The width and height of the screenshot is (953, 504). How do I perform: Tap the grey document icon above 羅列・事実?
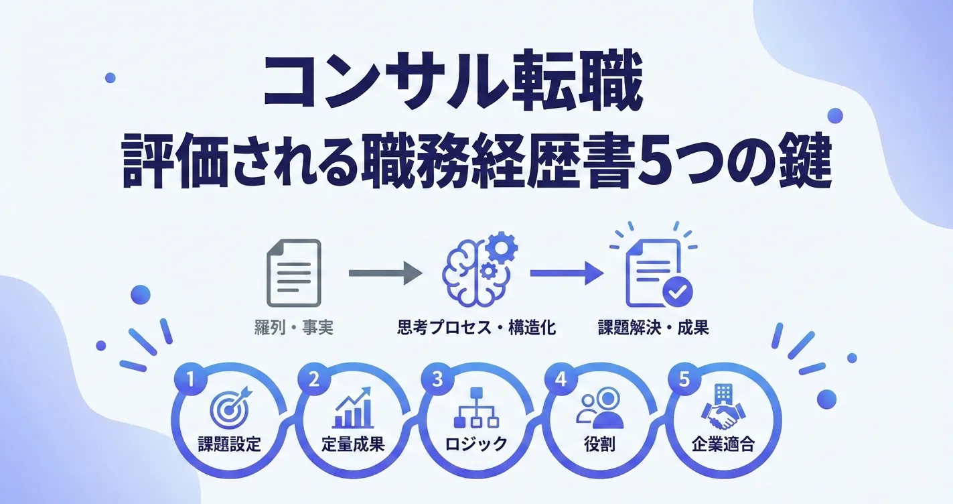[x=293, y=273]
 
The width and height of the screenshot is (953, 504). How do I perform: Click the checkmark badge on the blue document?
[x=678, y=292]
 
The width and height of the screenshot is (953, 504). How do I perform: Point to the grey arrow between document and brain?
[x=386, y=273]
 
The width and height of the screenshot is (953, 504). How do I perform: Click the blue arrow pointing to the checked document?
[x=567, y=273]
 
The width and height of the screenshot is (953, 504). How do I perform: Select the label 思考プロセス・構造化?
[x=477, y=328]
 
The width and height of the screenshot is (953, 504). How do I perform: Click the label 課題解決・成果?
[x=654, y=328]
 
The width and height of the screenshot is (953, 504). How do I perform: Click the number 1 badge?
[x=191, y=379]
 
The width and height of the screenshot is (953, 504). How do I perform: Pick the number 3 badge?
[x=437, y=379]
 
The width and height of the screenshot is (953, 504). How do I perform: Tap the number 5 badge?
[x=684, y=379]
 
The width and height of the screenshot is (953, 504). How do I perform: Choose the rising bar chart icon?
[x=353, y=407]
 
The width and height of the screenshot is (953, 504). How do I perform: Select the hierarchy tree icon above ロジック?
[x=476, y=407]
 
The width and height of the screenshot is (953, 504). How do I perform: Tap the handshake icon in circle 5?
[x=723, y=407]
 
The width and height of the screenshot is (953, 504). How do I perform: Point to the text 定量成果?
[x=353, y=444]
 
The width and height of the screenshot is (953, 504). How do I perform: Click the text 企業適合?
[x=723, y=444]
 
